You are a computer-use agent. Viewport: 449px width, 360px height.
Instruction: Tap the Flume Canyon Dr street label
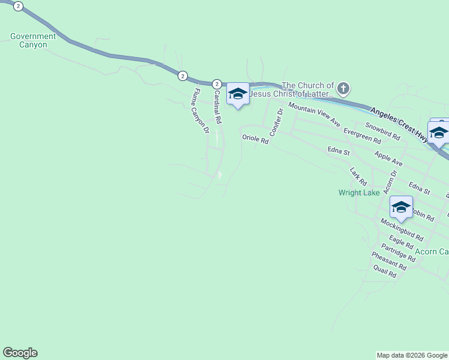(x=200, y=110)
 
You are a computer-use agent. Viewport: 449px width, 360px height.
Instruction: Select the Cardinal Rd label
(x=217, y=107)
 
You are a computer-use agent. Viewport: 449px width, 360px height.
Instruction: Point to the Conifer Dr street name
(x=276, y=122)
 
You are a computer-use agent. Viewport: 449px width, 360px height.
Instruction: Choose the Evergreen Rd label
(x=362, y=135)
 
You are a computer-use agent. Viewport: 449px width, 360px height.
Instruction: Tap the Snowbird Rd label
(x=382, y=131)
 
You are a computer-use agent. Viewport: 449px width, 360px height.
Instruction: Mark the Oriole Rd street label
(x=255, y=138)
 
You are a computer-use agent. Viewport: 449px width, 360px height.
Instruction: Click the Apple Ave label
(x=388, y=158)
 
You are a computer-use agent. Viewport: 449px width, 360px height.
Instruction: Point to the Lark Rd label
(x=358, y=176)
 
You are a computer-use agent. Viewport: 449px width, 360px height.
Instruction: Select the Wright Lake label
(x=359, y=193)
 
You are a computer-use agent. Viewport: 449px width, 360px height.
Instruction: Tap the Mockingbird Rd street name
(x=402, y=229)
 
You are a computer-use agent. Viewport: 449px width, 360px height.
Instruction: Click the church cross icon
(x=343, y=89)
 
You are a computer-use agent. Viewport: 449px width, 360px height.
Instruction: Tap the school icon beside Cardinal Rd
(x=238, y=94)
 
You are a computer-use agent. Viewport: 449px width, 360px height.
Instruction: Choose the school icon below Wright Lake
(x=401, y=208)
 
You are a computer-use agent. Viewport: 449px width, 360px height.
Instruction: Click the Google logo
(x=20, y=353)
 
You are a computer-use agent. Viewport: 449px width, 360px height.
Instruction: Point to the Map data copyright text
(x=412, y=355)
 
